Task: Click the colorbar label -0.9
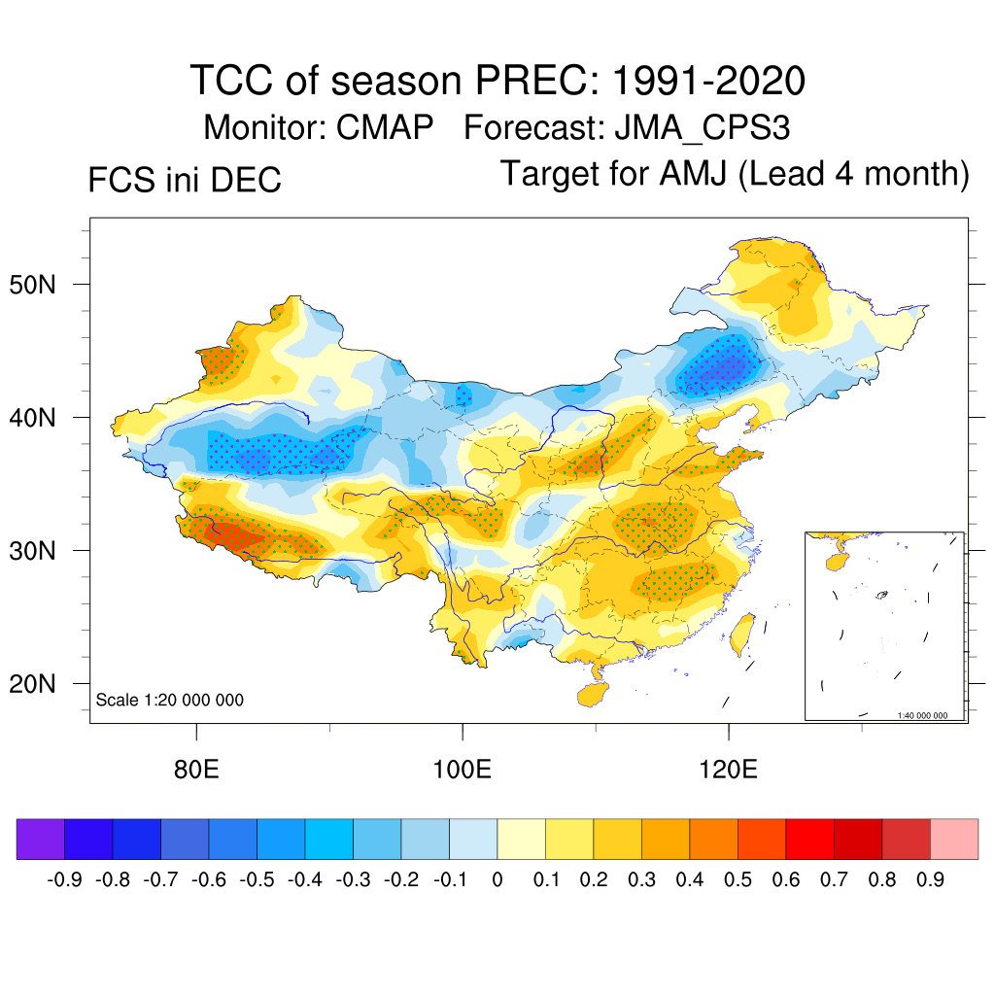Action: point(64,880)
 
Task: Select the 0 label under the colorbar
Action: point(497,880)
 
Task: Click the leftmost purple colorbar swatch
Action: point(41,840)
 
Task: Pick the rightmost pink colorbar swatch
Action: point(954,840)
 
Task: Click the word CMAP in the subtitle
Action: point(383,127)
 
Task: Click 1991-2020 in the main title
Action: point(708,81)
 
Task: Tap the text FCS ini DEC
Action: point(185,180)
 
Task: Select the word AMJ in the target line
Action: point(694,174)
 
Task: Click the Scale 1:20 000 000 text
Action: point(170,700)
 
